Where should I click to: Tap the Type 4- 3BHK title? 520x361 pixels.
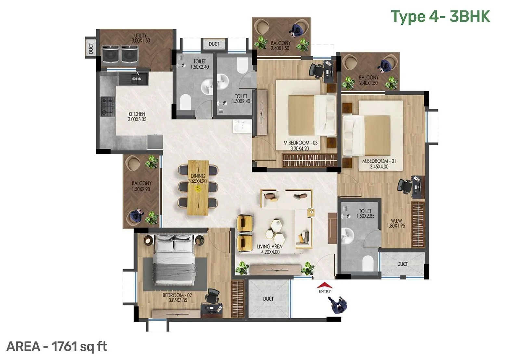[x=440, y=17]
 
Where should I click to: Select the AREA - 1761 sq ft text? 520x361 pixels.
[x=57, y=346]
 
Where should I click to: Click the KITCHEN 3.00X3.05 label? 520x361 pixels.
[x=137, y=117]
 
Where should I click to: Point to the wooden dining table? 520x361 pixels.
[x=198, y=187]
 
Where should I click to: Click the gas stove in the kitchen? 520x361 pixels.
[x=108, y=106]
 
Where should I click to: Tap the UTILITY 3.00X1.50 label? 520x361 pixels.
[x=140, y=38]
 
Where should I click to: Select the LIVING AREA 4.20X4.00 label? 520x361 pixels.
[x=269, y=249]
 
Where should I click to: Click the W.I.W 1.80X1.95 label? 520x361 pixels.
[x=396, y=223]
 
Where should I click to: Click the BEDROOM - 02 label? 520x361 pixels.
[x=177, y=298]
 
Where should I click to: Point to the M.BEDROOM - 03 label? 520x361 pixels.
[x=300, y=146]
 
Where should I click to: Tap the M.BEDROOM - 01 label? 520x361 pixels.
[x=379, y=164]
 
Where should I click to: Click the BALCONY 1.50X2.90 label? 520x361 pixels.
[x=141, y=186]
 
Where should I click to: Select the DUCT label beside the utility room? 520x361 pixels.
[x=91, y=48]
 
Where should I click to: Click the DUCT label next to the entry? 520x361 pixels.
[x=268, y=299]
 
